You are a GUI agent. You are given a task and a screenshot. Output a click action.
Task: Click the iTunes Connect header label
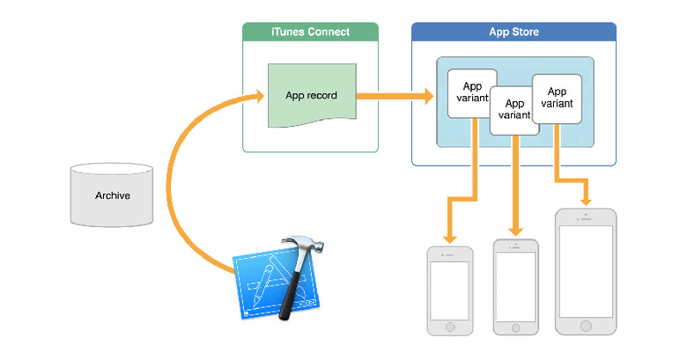click(309, 33)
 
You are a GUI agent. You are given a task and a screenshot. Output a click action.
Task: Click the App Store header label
click(513, 33)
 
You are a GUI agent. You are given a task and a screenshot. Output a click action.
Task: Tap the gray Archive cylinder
click(112, 195)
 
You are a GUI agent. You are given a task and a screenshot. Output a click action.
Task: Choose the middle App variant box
click(513, 109)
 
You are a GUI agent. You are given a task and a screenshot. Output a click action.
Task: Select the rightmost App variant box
click(557, 97)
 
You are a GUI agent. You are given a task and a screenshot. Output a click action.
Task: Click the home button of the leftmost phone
click(449, 326)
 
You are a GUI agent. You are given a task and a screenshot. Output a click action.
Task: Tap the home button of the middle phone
click(514, 326)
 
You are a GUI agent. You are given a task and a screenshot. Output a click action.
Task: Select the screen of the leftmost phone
click(449, 290)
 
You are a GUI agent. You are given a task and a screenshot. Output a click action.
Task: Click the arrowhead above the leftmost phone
click(450, 238)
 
